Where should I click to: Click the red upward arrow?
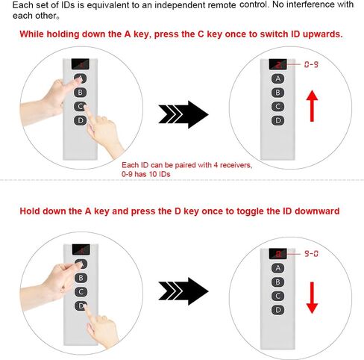[312, 106]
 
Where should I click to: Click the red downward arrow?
[312, 298]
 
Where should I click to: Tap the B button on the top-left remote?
[80, 93]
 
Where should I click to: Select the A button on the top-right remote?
[277, 78]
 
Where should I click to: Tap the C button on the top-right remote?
[277, 107]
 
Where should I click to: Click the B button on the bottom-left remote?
[81, 278]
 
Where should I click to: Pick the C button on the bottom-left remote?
[81, 292]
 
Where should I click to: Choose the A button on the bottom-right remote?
[277, 268]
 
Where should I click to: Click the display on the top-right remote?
[277, 64]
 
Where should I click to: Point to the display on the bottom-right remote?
[277, 254]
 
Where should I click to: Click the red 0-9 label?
[311, 64]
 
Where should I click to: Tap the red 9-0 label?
[311, 254]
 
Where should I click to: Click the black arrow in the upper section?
[183, 114]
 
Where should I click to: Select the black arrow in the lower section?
[183, 291]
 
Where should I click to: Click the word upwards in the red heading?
[322, 34]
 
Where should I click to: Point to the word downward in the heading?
[317, 211]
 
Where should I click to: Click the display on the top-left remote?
[81, 64]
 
